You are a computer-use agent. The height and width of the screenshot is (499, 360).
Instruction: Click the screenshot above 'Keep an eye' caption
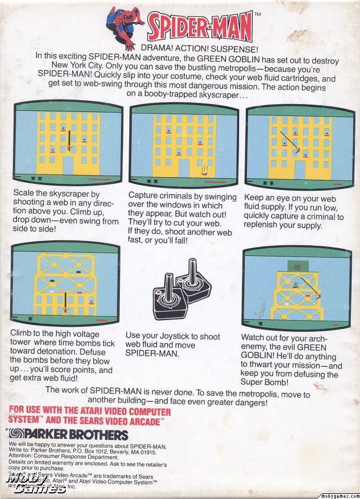click(298, 144)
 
